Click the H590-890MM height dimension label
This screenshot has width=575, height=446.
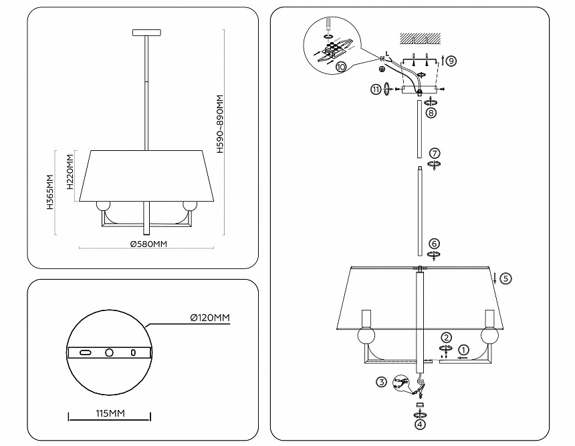(x=220, y=124)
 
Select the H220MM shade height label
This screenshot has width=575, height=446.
(x=70, y=172)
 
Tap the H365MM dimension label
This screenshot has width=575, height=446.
(x=50, y=192)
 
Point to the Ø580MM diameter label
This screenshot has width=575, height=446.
(x=148, y=244)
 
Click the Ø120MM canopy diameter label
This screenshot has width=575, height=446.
(x=210, y=317)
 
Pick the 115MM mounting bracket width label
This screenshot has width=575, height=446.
(x=110, y=413)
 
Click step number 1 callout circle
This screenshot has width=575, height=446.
(x=463, y=350)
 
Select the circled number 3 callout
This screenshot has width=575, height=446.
(x=381, y=383)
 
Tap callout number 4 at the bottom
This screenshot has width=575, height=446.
(x=421, y=425)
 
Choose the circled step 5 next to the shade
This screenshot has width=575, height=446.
(x=505, y=278)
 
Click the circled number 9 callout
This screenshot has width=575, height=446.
(x=451, y=60)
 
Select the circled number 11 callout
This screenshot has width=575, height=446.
(x=376, y=89)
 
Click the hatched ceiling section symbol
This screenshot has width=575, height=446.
(x=420, y=37)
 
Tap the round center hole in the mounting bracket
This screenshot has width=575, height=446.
(x=109, y=353)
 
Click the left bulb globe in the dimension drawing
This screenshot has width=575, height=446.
(x=103, y=206)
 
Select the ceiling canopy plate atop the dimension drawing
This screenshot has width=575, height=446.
(x=146, y=33)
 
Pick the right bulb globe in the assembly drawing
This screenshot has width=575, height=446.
(x=489, y=335)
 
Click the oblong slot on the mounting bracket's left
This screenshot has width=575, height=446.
(x=86, y=353)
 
